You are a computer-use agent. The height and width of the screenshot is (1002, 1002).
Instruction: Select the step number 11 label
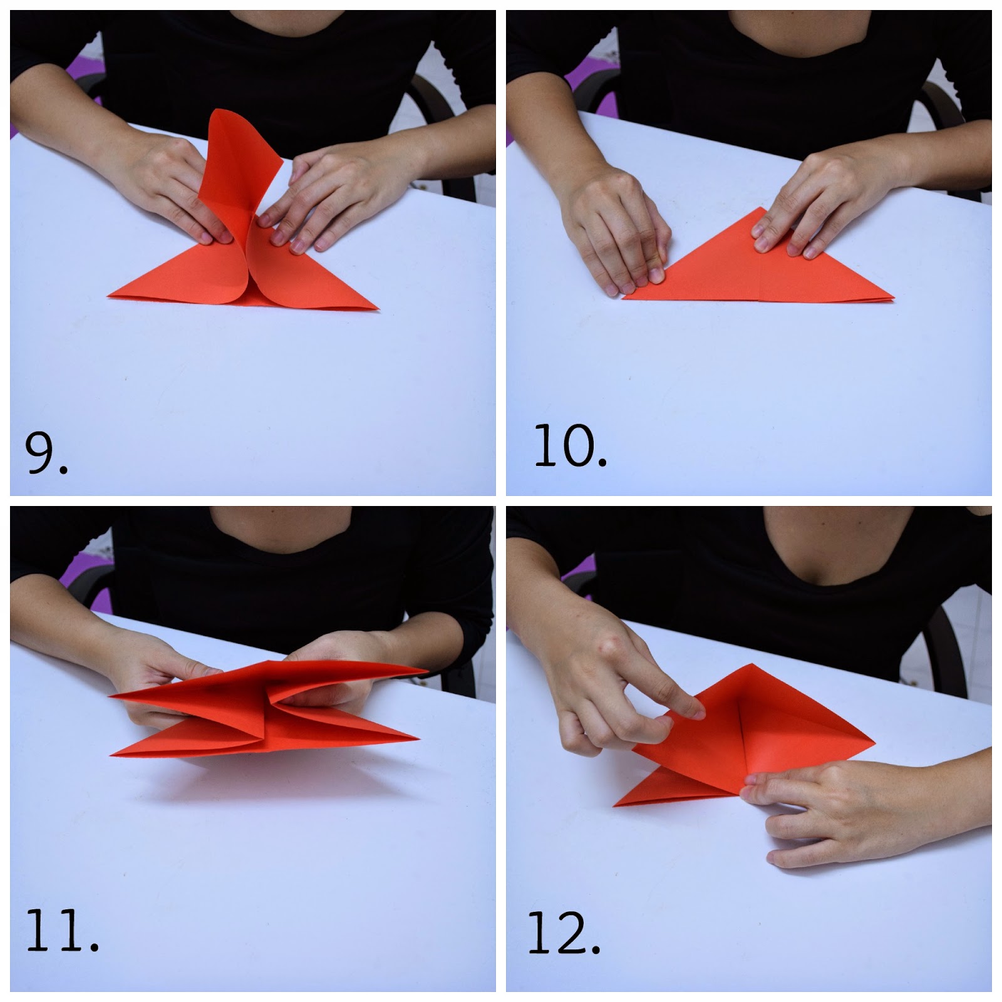click(x=62, y=949)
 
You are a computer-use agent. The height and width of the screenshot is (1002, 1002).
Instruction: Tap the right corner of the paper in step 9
click(x=378, y=309)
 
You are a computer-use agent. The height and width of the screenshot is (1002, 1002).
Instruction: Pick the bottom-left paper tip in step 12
click(x=614, y=804)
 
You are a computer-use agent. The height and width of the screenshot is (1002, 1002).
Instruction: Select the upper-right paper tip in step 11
click(x=427, y=671)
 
